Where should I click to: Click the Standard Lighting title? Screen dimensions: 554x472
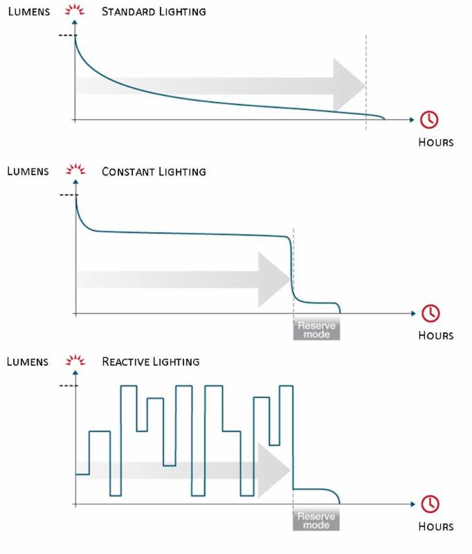153,12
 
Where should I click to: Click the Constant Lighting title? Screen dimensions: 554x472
153,171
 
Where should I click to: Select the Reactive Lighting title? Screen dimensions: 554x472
150,361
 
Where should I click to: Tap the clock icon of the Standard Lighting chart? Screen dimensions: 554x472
429,120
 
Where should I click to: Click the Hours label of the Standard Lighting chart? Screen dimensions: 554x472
435,143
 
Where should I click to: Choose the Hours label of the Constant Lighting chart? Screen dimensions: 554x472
435,336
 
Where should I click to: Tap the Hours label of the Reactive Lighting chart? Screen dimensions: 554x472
435,526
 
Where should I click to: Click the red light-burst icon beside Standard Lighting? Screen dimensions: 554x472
74,12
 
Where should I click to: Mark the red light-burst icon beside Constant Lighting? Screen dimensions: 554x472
74,170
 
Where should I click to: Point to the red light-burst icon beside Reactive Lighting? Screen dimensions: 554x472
74,361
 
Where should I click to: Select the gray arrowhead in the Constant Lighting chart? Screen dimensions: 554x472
274,279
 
